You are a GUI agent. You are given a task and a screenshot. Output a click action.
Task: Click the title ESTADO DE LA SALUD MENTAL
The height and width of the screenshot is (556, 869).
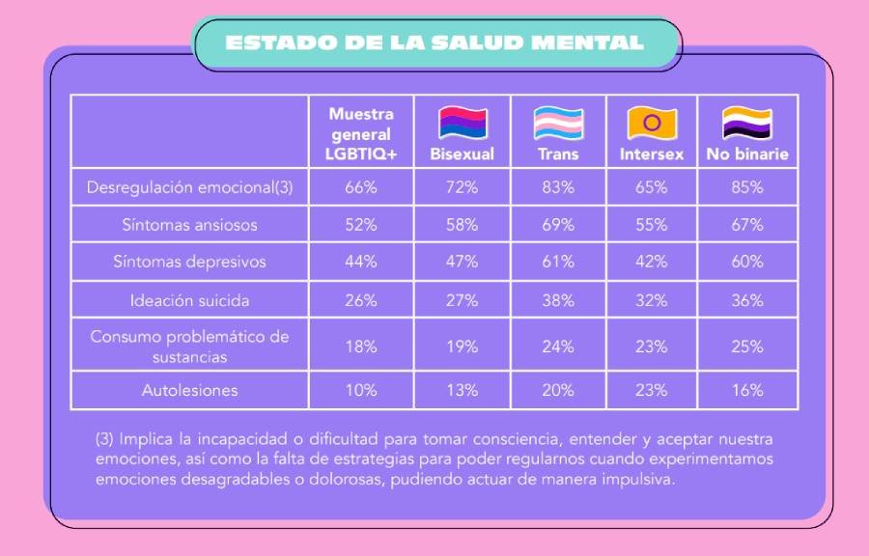(434, 42)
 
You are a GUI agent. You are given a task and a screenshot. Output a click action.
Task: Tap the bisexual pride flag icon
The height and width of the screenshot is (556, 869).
(463, 123)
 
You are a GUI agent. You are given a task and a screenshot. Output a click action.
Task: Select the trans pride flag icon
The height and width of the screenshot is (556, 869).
(558, 123)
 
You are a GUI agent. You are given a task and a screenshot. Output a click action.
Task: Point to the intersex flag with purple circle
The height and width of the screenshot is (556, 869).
(652, 123)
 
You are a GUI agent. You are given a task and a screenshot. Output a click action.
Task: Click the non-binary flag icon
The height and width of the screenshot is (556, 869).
(747, 123)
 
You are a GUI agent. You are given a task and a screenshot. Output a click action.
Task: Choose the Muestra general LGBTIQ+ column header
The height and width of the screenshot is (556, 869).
(361, 134)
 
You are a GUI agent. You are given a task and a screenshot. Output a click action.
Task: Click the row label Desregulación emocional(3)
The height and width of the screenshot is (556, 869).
(189, 187)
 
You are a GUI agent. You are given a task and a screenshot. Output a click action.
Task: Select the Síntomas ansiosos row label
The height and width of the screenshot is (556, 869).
(189, 225)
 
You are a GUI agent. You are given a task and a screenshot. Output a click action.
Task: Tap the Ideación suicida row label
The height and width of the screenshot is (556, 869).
(189, 301)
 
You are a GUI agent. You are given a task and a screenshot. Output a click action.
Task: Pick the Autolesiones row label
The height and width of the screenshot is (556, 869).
(189, 390)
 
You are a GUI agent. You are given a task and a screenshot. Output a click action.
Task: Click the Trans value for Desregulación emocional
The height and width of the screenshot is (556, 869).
(558, 187)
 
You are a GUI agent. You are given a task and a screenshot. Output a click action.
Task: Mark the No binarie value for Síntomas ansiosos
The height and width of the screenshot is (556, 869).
(747, 225)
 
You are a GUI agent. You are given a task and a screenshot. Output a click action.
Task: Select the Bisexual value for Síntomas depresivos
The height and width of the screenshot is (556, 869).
(463, 262)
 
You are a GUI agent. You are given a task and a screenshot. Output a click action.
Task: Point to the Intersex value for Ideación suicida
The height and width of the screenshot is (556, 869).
(651, 301)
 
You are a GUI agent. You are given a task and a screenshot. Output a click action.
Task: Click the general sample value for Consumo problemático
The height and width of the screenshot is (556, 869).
(361, 347)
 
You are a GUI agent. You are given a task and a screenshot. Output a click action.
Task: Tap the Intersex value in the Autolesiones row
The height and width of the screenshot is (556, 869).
(651, 390)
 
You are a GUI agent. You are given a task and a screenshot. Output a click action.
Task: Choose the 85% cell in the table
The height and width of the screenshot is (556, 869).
(747, 187)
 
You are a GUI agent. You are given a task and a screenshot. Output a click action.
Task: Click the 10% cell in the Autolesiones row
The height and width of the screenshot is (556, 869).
(361, 390)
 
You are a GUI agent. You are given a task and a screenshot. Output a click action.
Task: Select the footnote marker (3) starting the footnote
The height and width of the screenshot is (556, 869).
(104, 439)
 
